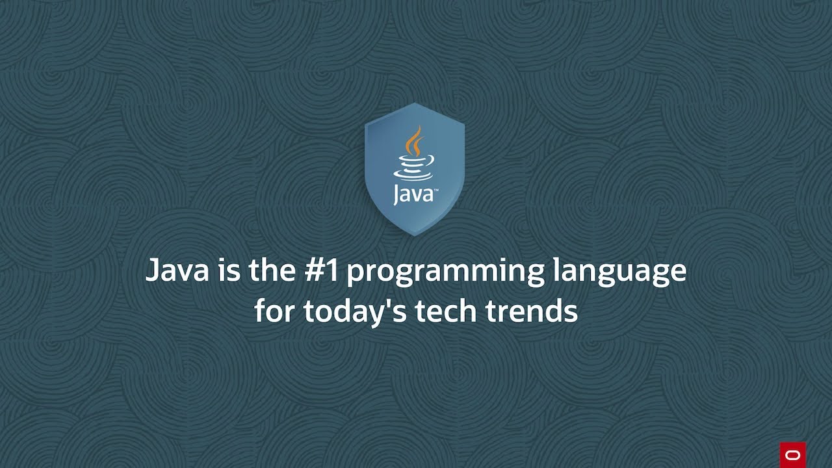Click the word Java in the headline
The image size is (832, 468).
tap(177, 270)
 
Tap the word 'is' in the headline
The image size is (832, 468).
tap(228, 270)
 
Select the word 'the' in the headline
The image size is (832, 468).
tap(272, 270)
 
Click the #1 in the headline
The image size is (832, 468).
tap(321, 270)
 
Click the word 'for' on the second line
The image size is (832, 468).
tap(276, 311)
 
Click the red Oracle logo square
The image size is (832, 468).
tap(792, 454)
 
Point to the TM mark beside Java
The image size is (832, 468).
tap(435, 189)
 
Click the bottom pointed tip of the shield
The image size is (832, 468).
tap(415, 234)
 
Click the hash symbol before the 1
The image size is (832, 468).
tap(314, 270)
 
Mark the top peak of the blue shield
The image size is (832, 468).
tap(415, 104)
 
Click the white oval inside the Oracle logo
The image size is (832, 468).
tap(792, 455)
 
